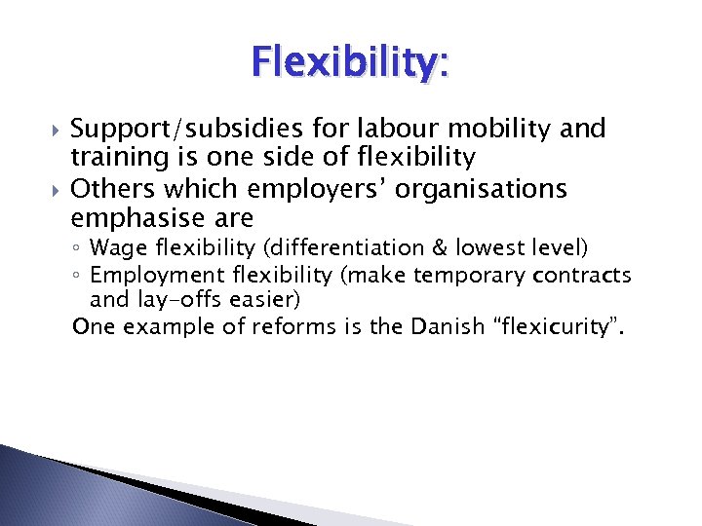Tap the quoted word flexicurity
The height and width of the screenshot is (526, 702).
point(559,327)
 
